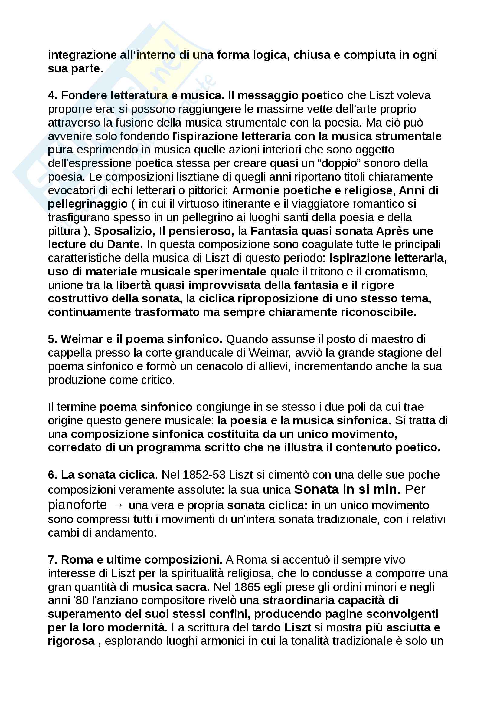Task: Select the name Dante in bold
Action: [x=125, y=245]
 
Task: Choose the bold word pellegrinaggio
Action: [x=88, y=204]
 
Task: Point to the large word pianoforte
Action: [x=77, y=505]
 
